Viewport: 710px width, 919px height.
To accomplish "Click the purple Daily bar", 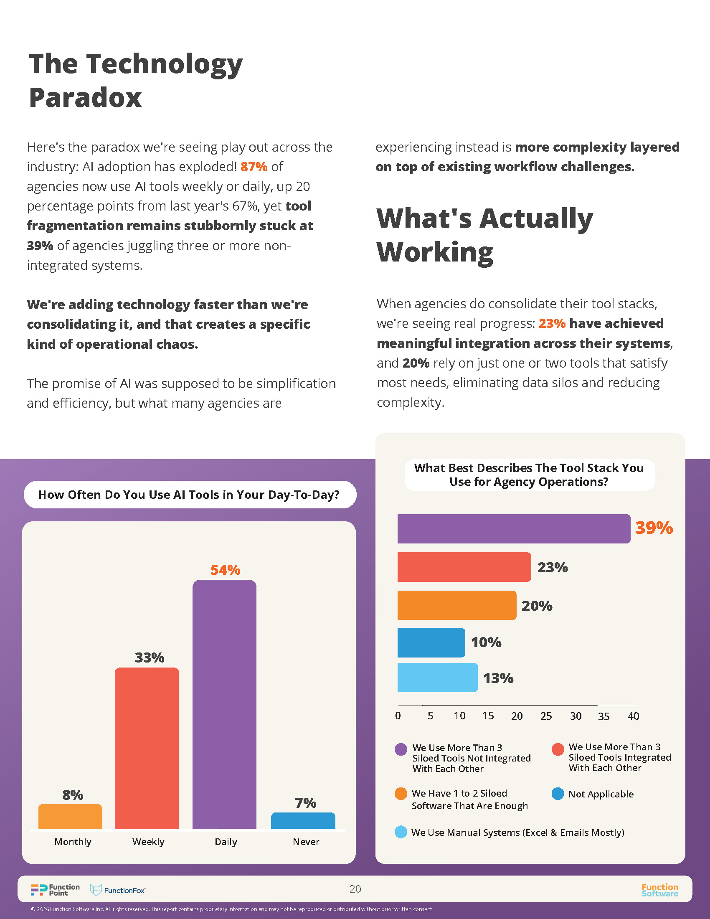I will click(x=224, y=705).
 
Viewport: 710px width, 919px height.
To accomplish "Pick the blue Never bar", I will click(x=303, y=820).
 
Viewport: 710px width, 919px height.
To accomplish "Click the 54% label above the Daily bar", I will click(x=225, y=570).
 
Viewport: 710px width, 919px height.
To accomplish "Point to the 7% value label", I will click(x=305, y=803).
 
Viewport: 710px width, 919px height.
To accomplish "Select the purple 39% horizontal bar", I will click(x=514, y=528).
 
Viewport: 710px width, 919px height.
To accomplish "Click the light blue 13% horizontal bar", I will click(x=437, y=678).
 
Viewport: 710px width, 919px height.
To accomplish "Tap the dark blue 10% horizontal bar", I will click(x=431, y=642).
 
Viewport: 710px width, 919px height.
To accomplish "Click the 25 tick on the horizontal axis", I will click(x=546, y=716).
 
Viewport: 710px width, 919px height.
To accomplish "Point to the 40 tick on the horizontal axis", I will click(x=633, y=716).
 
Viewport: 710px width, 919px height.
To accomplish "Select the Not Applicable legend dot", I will click(x=558, y=794).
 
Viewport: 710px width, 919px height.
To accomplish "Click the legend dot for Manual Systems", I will click(x=401, y=832).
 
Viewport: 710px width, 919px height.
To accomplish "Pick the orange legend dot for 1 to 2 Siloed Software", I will click(x=401, y=794).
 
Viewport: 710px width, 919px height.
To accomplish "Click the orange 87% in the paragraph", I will click(x=254, y=167).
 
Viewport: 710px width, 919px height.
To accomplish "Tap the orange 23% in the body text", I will click(x=552, y=323).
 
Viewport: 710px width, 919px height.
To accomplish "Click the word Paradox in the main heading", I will click(x=85, y=98).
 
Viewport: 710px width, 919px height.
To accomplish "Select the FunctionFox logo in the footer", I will click(x=118, y=890).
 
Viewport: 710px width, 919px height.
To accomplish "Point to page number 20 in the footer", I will click(x=355, y=889).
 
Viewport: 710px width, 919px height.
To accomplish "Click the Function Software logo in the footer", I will click(x=659, y=890).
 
